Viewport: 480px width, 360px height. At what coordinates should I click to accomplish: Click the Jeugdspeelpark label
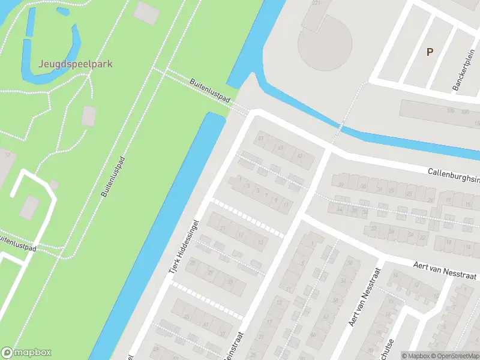pyautogui.click(x=76, y=64)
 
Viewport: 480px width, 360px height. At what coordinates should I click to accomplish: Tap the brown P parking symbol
pyautogui.click(x=430, y=52)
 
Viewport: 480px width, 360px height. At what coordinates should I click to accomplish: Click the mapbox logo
pyautogui.click(x=26, y=353)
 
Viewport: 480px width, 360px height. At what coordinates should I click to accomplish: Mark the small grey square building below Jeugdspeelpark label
pyautogui.click(x=89, y=115)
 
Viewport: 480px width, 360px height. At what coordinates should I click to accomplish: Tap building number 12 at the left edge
pyautogui.click(x=7, y=155)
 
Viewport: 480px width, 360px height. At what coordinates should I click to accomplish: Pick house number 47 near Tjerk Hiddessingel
pyautogui.click(x=280, y=148)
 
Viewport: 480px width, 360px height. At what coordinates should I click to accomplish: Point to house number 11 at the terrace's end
pyautogui.click(x=286, y=205)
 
